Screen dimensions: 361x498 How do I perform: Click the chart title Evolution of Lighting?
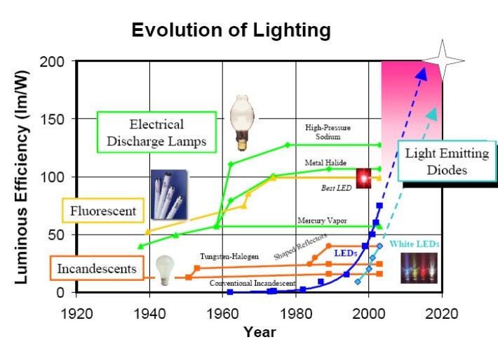[231, 30]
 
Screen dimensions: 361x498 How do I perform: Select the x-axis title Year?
[260, 332]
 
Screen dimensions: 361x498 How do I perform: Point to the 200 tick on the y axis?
[56, 62]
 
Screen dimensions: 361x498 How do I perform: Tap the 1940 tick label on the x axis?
[149, 313]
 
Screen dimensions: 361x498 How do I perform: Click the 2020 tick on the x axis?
[442, 313]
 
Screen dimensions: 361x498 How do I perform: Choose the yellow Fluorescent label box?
[104, 209]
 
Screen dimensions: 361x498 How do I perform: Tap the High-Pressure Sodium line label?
[328, 132]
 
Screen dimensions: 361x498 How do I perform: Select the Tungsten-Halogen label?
[229, 256]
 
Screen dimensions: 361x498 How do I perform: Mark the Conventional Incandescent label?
[253, 282]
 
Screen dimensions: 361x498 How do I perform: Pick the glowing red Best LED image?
[365, 178]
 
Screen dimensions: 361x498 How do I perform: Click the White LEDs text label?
[415, 243]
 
